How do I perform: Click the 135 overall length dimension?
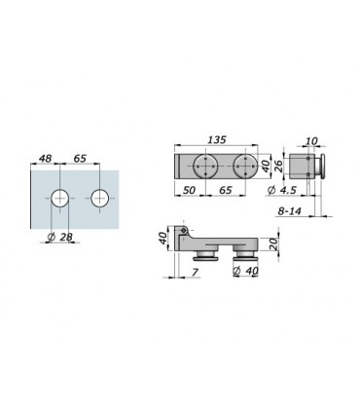click(216, 139)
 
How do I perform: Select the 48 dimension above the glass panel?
click(45, 159)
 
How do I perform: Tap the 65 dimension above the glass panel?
click(80, 159)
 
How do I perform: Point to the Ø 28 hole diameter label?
click(59, 237)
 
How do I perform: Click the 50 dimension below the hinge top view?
click(189, 190)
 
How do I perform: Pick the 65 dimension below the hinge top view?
click(226, 190)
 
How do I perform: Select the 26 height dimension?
click(278, 167)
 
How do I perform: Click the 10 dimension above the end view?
click(311, 141)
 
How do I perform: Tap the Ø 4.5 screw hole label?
click(282, 190)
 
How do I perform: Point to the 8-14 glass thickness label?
click(289, 211)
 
